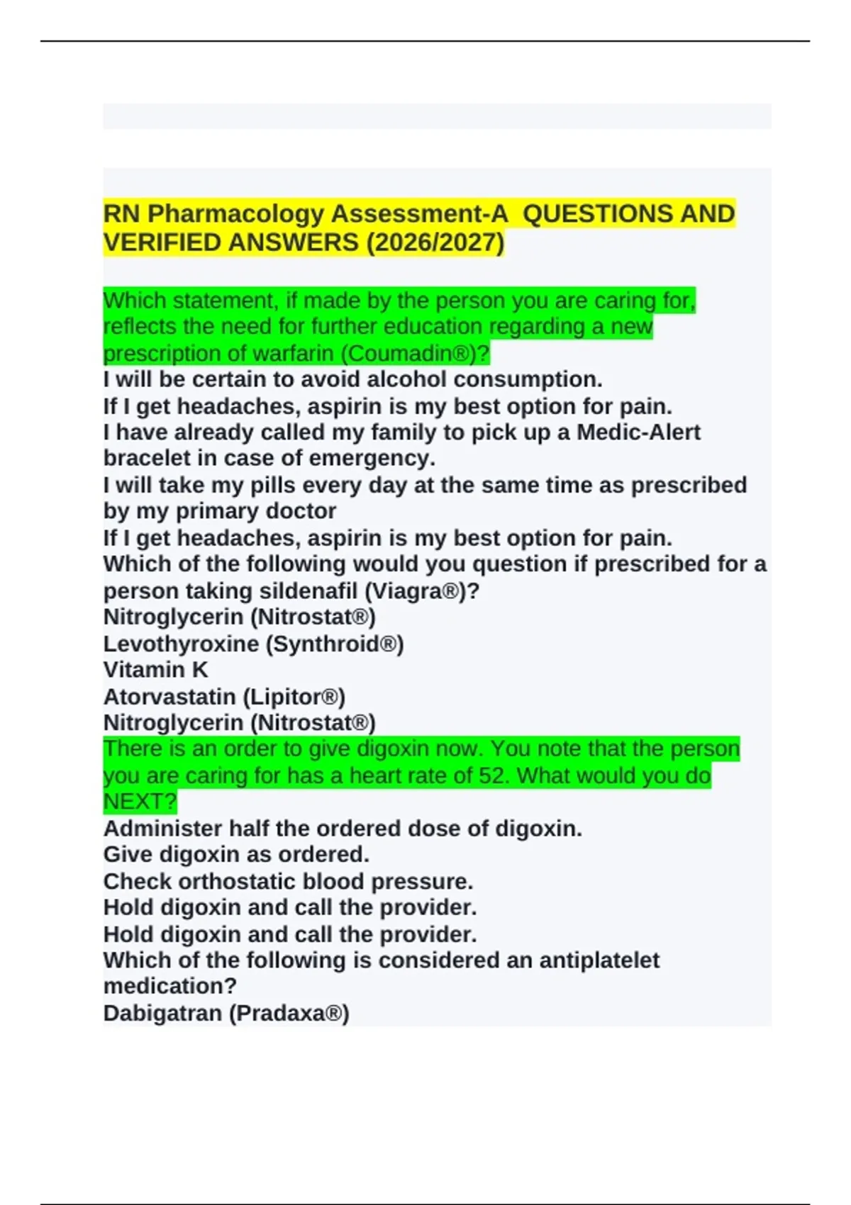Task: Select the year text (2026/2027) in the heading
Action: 435,242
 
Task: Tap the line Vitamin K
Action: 155,670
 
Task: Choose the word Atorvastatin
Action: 169,697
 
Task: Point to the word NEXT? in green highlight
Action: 140,802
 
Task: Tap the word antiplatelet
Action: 599,960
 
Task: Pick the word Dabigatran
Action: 162,1014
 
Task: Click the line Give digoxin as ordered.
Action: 236,855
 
